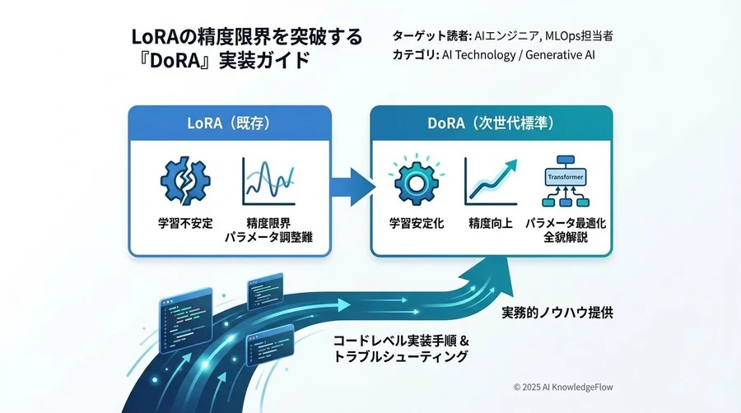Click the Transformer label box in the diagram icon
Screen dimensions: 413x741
565,176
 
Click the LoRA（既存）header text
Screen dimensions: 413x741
230,123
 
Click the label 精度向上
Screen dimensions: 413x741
491,223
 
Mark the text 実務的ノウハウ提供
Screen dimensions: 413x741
557,313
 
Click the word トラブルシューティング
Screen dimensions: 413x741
400,357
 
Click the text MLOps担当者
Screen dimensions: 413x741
583,36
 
